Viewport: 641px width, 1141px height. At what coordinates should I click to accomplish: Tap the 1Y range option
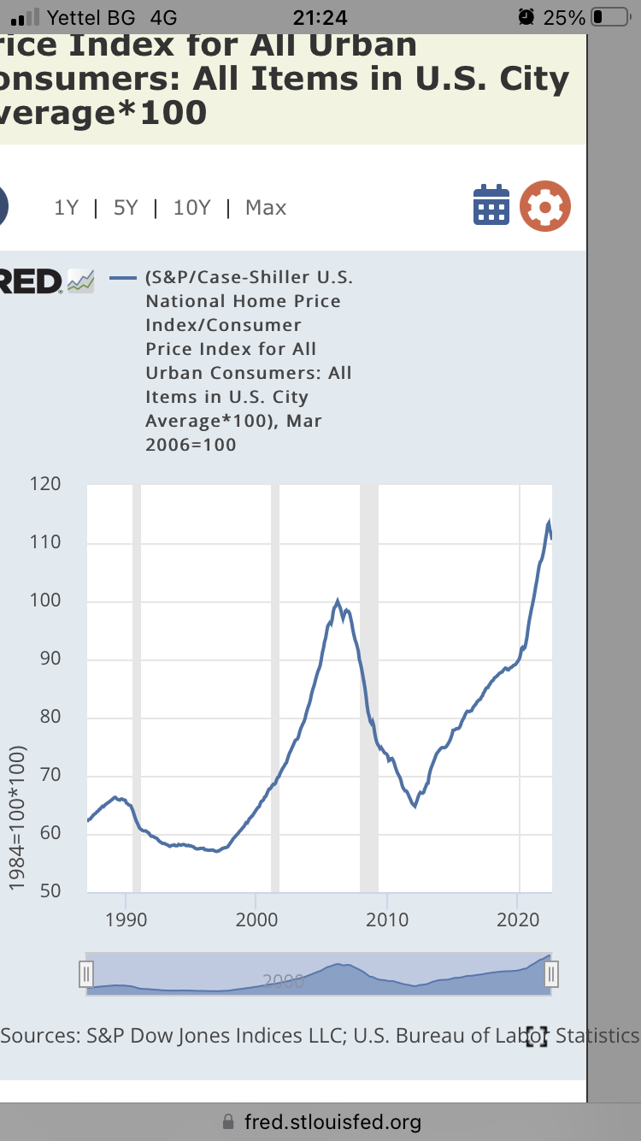click(x=66, y=208)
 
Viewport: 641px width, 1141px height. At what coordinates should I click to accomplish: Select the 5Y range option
click(x=125, y=208)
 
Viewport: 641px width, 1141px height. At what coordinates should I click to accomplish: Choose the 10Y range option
click(x=191, y=208)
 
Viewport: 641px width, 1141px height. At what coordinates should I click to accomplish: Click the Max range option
click(x=266, y=208)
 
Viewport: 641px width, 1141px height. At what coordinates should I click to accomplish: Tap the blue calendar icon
click(x=491, y=205)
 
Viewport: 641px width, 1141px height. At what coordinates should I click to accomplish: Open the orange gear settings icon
click(x=545, y=206)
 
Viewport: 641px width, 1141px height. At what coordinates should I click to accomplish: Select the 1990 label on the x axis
click(x=126, y=920)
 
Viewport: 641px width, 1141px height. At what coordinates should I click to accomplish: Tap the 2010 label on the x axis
click(x=387, y=920)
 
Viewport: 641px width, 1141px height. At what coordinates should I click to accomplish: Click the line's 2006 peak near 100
click(x=338, y=601)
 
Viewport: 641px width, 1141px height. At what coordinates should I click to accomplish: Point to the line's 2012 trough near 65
click(x=415, y=806)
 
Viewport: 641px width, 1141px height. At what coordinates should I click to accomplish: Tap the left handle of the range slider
click(x=85, y=974)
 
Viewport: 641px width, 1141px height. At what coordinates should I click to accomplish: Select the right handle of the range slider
click(x=551, y=974)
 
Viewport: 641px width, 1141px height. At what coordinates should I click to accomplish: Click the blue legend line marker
click(x=125, y=278)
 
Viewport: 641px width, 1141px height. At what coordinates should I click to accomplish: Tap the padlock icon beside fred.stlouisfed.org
click(x=227, y=1121)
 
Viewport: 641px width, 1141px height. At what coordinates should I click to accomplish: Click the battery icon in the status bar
click(x=608, y=16)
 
